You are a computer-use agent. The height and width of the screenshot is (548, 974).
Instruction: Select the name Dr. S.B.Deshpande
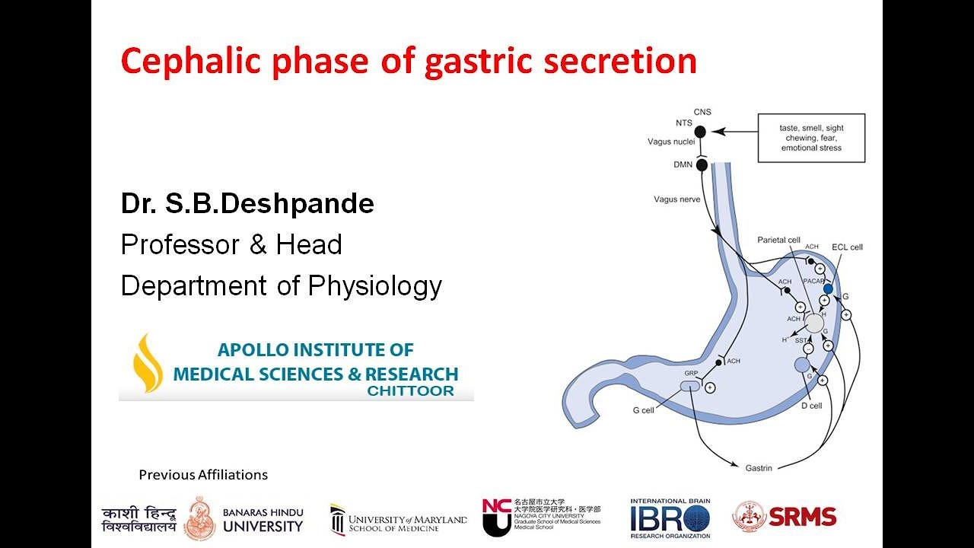coord(247,203)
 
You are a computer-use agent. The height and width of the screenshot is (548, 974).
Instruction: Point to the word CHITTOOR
coord(410,391)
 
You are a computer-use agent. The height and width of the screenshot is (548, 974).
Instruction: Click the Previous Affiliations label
coord(203,475)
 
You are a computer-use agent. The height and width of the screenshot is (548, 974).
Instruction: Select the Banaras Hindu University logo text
coord(263,519)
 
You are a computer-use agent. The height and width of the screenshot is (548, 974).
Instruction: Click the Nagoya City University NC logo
coord(496,518)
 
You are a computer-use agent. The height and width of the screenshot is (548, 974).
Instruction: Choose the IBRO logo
coord(670,518)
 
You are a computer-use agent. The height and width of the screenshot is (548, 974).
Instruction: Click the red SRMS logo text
coord(802,517)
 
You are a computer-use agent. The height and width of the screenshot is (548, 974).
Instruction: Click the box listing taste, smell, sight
coord(811,138)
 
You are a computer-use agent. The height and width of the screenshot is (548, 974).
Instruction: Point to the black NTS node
coord(700,132)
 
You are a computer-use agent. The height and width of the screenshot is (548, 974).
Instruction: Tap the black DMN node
coord(702,165)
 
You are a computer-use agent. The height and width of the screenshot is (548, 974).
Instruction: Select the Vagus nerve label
coord(676,199)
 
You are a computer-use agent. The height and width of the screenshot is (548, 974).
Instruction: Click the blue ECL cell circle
coord(828,289)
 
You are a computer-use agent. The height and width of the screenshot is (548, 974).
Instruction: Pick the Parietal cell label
coord(778,241)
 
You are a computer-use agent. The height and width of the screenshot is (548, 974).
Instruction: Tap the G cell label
coord(643,411)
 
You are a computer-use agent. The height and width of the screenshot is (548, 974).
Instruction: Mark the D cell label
coord(811,406)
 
